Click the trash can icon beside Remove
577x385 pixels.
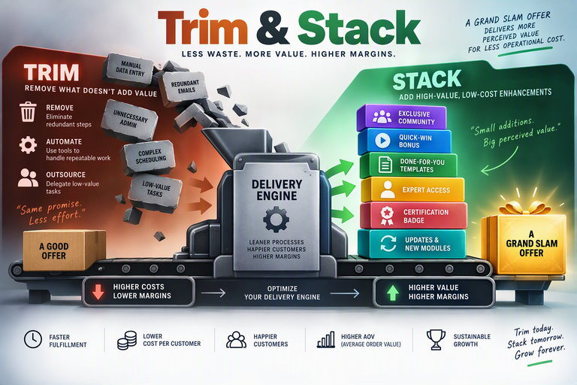click(x=29, y=112)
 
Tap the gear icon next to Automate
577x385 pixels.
click(x=28, y=145)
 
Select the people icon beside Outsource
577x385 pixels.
click(x=28, y=177)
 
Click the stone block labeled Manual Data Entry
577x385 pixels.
click(x=128, y=69)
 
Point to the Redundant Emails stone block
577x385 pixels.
click(x=184, y=88)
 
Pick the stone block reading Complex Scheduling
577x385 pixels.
click(x=149, y=157)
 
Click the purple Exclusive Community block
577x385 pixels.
click(x=402, y=117)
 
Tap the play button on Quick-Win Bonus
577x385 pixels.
click(x=382, y=141)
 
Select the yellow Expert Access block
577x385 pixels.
click(x=412, y=189)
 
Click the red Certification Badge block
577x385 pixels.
click(x=414, y=216)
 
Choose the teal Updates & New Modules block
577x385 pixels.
click(x=412, y=244)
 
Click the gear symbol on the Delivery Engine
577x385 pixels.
click(x=276, y=220)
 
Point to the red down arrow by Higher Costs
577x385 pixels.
click(x=98, y=292)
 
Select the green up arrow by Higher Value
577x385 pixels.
click(x=393, y=293)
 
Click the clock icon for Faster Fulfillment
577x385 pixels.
click(x=33, y=339)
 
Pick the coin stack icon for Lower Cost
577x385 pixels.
click(x=127, y=340)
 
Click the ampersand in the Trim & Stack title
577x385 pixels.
click(x=273, y=28)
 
